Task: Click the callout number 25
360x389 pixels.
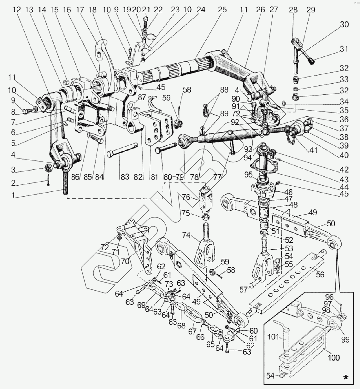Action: coord(222,10)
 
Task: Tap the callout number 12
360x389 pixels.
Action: coord(17,10)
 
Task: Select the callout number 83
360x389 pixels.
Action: coord(125,177)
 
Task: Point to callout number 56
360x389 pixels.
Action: coord(320,275)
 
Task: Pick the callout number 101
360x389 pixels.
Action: coord(273,337)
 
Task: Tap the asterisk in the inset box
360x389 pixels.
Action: coord(347,377)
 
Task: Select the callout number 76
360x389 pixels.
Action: coord(186,197)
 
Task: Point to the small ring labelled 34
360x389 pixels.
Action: coord(284,103)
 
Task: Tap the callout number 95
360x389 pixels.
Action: coord(248,175)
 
